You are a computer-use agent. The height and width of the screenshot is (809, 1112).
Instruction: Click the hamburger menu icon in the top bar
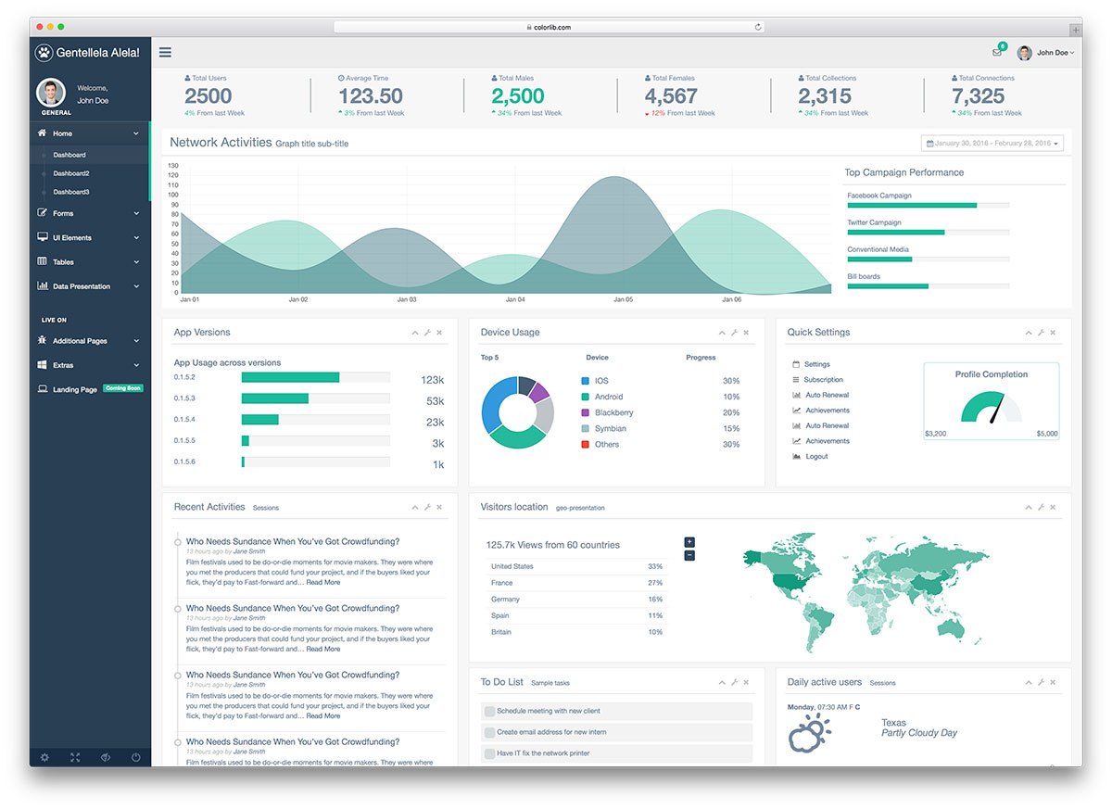click(165, 53)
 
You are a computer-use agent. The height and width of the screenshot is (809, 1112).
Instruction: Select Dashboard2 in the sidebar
click(71, 173)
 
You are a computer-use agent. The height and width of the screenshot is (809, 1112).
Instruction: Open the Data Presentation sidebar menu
click(82, 286)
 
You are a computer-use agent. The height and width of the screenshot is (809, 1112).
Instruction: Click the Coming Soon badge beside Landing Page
click(123, 388)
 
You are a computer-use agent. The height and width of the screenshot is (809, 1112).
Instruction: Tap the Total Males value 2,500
click(517, 95)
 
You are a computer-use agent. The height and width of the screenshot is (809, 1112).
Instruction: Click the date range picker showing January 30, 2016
click(992, 144)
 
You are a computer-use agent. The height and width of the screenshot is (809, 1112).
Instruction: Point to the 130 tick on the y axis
click(172, 165)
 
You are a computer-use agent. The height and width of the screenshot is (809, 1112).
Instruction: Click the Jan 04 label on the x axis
click(515, 300)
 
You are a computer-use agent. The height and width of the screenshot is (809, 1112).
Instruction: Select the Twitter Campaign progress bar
click(895, 233)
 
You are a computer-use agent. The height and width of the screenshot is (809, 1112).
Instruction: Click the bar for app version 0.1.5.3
click(275, 398)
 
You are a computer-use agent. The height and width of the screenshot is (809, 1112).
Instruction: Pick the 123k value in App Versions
click(432, 380)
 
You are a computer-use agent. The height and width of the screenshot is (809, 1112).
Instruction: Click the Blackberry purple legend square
click(585, 412)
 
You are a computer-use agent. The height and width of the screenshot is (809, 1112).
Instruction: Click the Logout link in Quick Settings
click(816, 457)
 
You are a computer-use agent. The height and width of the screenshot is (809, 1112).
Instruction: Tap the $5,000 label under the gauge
click(1046, 434)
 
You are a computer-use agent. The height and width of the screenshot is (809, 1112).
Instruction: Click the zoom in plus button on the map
click(689, 542)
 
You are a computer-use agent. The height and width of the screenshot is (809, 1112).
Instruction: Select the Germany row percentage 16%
click(655, 600)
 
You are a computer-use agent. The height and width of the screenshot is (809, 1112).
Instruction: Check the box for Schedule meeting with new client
click(489, 711)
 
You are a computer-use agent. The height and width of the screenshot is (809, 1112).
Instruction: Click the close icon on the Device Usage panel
click(746, 333)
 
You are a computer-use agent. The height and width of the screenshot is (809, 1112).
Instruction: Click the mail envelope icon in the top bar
click(996, 53)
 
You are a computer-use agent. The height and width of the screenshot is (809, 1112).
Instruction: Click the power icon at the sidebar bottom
click(136, 757)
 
